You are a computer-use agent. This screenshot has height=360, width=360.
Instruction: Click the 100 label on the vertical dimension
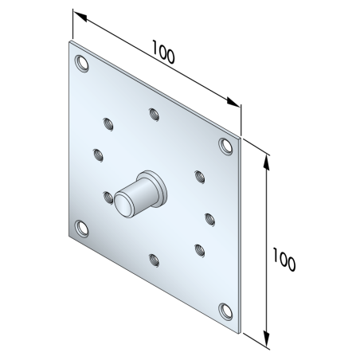tap(284, 260)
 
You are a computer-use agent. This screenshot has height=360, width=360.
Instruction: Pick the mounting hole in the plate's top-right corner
tap(225, 145)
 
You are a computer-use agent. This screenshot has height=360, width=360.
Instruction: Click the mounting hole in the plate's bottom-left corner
tap(81, 229)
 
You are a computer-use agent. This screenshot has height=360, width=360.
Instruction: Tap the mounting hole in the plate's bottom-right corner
tap(225, 311)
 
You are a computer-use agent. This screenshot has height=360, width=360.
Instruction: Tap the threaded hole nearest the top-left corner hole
tap(107, 123)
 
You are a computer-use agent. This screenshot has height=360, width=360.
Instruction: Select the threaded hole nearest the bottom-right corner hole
tap(198, 249)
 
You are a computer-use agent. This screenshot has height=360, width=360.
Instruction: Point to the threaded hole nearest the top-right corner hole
tap(198, 175)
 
